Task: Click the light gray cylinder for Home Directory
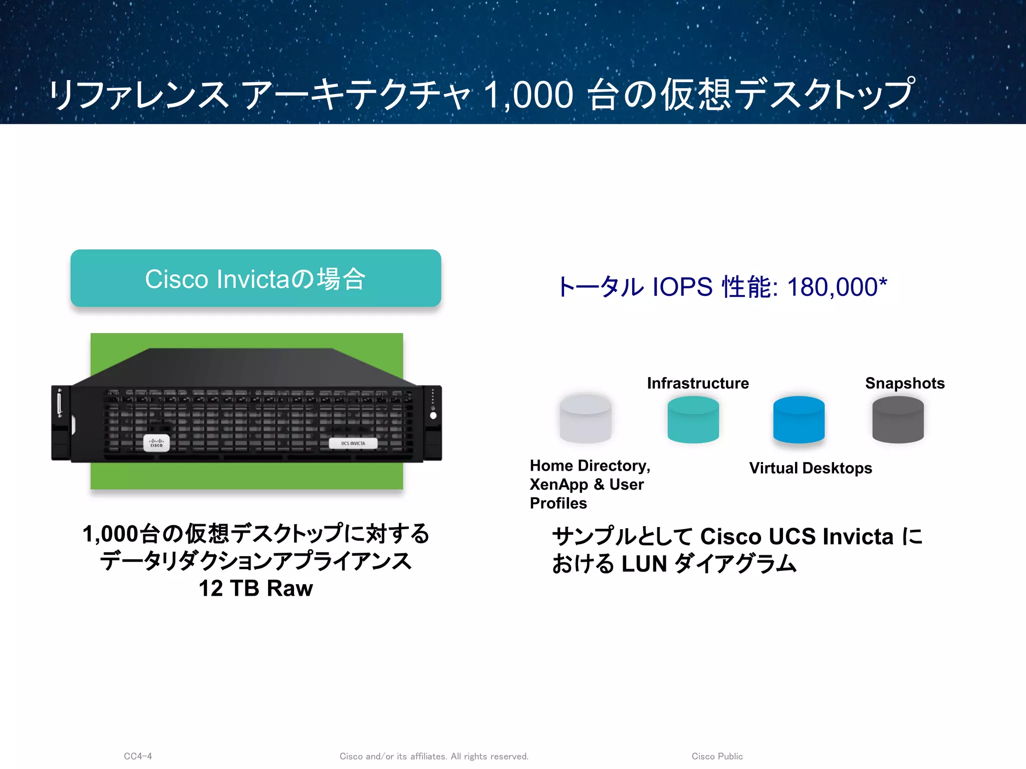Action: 585,420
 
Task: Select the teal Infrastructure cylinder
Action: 693,420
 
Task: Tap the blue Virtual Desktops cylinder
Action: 799,420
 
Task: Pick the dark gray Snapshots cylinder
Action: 898,420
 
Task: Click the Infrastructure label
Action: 698,383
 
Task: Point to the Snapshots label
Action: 905,383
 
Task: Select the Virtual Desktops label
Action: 811,468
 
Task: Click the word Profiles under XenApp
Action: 558,503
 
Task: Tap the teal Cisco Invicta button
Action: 255,278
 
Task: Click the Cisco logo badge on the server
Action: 156,443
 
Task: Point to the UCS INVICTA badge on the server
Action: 353,444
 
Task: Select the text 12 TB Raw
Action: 255,588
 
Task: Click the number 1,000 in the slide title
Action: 528,95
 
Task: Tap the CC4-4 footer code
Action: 138,756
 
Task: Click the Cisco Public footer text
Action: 717,756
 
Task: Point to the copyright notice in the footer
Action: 434,756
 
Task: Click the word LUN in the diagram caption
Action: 644,564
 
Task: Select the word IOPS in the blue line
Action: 682,287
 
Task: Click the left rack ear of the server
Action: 61,423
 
